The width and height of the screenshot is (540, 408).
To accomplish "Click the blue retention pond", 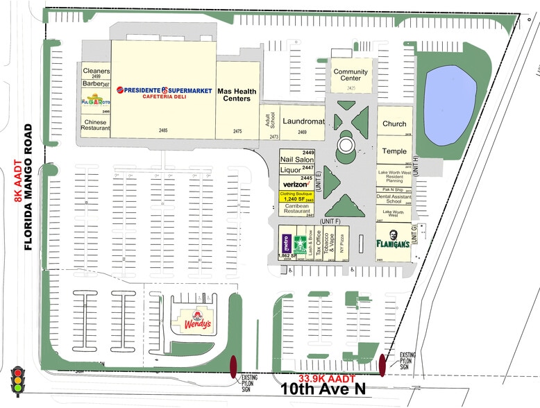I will point(450,96).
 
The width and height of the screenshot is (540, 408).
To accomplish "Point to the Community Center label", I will point(351,75).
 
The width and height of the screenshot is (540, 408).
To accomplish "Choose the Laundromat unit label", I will point(303,121).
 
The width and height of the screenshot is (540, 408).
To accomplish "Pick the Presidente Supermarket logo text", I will point(164,90).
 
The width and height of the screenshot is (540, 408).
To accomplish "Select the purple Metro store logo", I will point(285,242).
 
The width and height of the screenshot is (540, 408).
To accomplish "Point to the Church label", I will point(394,124).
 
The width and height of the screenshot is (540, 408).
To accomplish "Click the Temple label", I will point(394,151).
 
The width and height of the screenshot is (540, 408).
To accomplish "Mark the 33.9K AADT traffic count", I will point(327,379).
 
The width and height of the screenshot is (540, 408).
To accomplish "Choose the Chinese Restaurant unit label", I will point(96,125).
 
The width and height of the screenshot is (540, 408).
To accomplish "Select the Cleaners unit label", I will point(96,71).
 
